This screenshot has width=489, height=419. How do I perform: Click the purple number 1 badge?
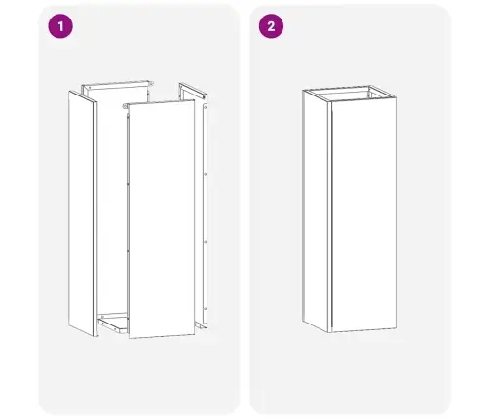point(60,26)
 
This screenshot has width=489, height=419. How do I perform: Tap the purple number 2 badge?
point(271,26)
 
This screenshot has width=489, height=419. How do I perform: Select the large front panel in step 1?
point(162,219)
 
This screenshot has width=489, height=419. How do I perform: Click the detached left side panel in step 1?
point(83,213)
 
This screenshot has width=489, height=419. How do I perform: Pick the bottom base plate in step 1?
point(112,323)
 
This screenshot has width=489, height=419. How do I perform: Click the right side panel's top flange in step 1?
point(193,91)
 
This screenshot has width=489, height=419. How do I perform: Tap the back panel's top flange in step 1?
point(117,84)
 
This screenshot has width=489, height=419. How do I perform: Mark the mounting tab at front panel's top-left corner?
point(126,106)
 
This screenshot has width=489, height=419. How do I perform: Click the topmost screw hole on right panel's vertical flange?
point(205,106)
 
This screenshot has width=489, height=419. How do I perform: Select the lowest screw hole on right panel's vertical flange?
point(205,308)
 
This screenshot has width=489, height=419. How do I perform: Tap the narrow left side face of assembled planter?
point(317,211)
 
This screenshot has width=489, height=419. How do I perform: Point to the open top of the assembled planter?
point(350,94)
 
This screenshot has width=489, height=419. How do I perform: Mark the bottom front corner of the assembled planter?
point(330,333)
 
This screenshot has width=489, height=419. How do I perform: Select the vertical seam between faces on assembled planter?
point(331,217)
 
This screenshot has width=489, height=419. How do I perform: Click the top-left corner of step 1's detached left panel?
point(69,91)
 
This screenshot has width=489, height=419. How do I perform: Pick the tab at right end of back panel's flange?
point(150,83)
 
